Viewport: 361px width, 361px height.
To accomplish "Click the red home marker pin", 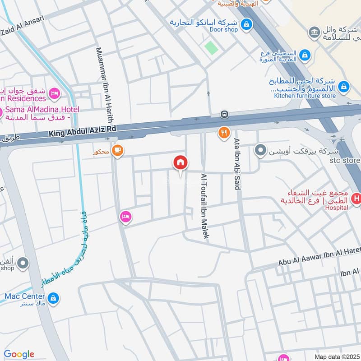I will coord(180,163).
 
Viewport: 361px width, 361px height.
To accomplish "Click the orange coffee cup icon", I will coord(117,150).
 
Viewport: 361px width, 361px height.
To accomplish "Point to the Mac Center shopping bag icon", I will coord(53,298).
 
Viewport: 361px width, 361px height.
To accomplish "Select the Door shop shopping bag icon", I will coord(246,24).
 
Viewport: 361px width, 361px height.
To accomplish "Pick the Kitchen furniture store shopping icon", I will coord(343,86).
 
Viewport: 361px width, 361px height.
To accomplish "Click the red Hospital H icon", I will coord(356,198).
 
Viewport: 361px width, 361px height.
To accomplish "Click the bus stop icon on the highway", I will coord(224,114).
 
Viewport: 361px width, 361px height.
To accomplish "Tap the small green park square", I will coord(210,47).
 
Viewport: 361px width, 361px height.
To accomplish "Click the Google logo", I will coord(19,354).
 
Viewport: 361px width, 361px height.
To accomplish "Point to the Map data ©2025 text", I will coord(336,356).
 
